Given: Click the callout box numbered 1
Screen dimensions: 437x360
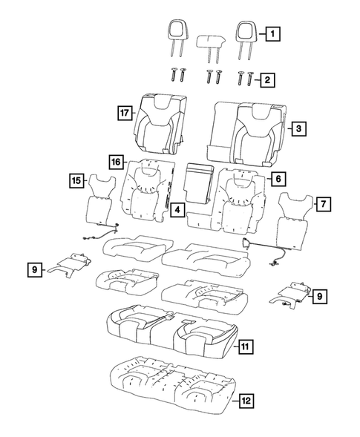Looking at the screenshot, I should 274,33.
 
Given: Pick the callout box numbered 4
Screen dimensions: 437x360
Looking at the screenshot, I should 177,211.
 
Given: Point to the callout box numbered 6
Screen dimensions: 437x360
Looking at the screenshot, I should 276,179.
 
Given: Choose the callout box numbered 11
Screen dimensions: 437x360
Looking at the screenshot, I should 246,346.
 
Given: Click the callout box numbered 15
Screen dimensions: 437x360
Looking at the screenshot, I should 76,180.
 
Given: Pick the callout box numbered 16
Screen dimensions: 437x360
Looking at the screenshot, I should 114,162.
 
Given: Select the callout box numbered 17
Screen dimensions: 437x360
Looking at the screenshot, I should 124,113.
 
